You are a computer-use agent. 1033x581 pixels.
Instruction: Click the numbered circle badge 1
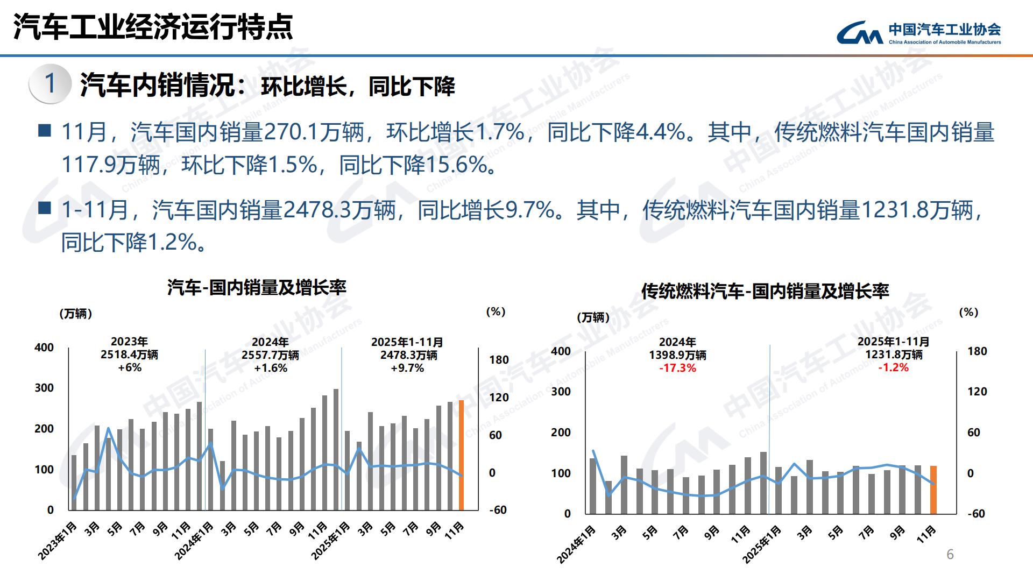click(50, 84)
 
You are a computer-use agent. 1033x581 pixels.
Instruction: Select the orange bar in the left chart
click(461, 455)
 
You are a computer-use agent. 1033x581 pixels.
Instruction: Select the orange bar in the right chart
click(933, 490)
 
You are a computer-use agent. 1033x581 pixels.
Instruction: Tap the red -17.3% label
click(677, 368)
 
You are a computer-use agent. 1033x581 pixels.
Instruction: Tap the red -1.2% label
click(893, 367)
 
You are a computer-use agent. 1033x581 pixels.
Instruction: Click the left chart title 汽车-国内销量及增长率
click(257, 288)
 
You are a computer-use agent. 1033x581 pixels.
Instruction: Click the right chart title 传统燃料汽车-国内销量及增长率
click(765, 291)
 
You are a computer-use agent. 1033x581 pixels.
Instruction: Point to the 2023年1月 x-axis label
click(58, 541)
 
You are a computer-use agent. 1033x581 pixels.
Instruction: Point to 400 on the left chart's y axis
click(44, 348)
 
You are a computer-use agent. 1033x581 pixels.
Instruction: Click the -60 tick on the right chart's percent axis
click(976, 514)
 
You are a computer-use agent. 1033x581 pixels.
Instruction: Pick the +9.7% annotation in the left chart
click(407, 368)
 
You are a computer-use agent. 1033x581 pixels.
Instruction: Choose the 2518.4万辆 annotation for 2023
click(129, 355)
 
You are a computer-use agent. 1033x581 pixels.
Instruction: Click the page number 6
click(950, 555)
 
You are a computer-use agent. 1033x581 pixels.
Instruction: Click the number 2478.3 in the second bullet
click(317, 210)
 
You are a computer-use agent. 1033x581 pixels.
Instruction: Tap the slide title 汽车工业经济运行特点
click(153, 27)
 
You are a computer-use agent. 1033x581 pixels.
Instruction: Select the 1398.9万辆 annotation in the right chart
click(677, 355)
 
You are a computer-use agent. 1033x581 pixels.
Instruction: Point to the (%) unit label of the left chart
click(496, 312)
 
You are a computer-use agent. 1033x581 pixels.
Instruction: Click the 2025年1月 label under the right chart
click(762, 544)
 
